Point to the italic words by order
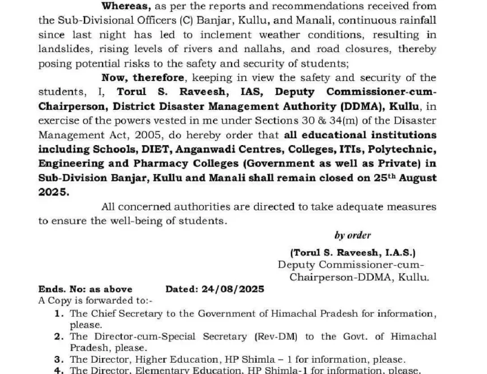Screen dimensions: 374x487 click(352, 235)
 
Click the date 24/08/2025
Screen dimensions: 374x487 click(233, 289)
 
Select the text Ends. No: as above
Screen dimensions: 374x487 click(85, 289)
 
